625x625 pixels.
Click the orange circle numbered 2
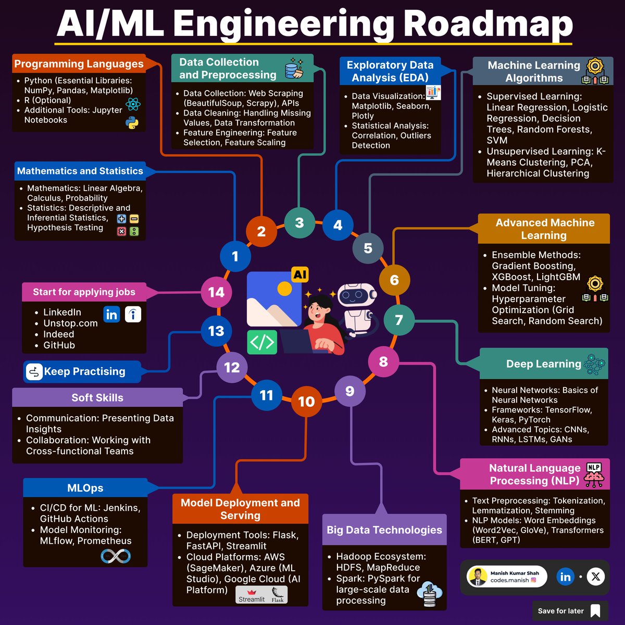261,231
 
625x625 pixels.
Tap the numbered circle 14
216,293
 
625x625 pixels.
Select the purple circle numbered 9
349,391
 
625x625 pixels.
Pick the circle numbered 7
399,320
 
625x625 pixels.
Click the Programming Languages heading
79,64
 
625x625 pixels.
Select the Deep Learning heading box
543,364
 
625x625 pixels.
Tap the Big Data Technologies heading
384,530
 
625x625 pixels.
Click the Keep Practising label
84,371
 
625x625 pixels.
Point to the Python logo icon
132,123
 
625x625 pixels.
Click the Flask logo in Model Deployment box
278,594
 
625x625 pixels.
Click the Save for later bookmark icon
595,611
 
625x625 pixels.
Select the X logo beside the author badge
596,577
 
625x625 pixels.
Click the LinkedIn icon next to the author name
565,577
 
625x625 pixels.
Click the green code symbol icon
261,342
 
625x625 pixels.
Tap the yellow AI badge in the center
299,274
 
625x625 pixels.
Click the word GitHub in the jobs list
59,345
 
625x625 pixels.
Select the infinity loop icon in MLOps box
116,556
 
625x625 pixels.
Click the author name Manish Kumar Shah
515,573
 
